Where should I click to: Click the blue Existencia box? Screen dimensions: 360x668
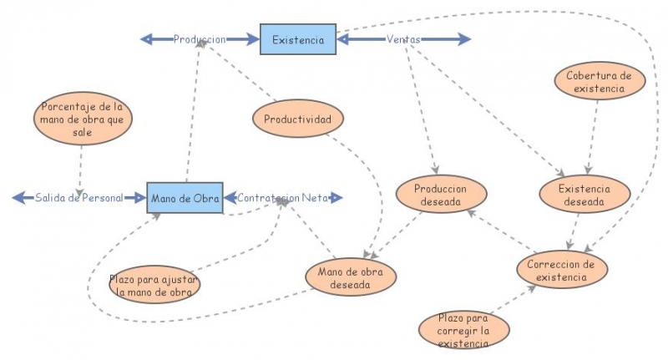click(298, 39)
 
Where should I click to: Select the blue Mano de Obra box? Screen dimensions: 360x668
click(185, 198)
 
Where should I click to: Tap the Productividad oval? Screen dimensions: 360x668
click(297, 119)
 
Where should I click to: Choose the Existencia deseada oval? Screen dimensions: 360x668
click(584, 195)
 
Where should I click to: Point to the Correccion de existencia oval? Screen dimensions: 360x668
click(561, 270)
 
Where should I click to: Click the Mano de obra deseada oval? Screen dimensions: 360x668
click(351, 277)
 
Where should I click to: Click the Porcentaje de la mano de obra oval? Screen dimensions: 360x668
click(82, 119)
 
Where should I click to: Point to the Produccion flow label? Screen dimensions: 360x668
click(200, 39)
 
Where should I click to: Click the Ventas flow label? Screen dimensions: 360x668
click(403, 39)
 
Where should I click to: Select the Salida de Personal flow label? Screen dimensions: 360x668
click(78, 198)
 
